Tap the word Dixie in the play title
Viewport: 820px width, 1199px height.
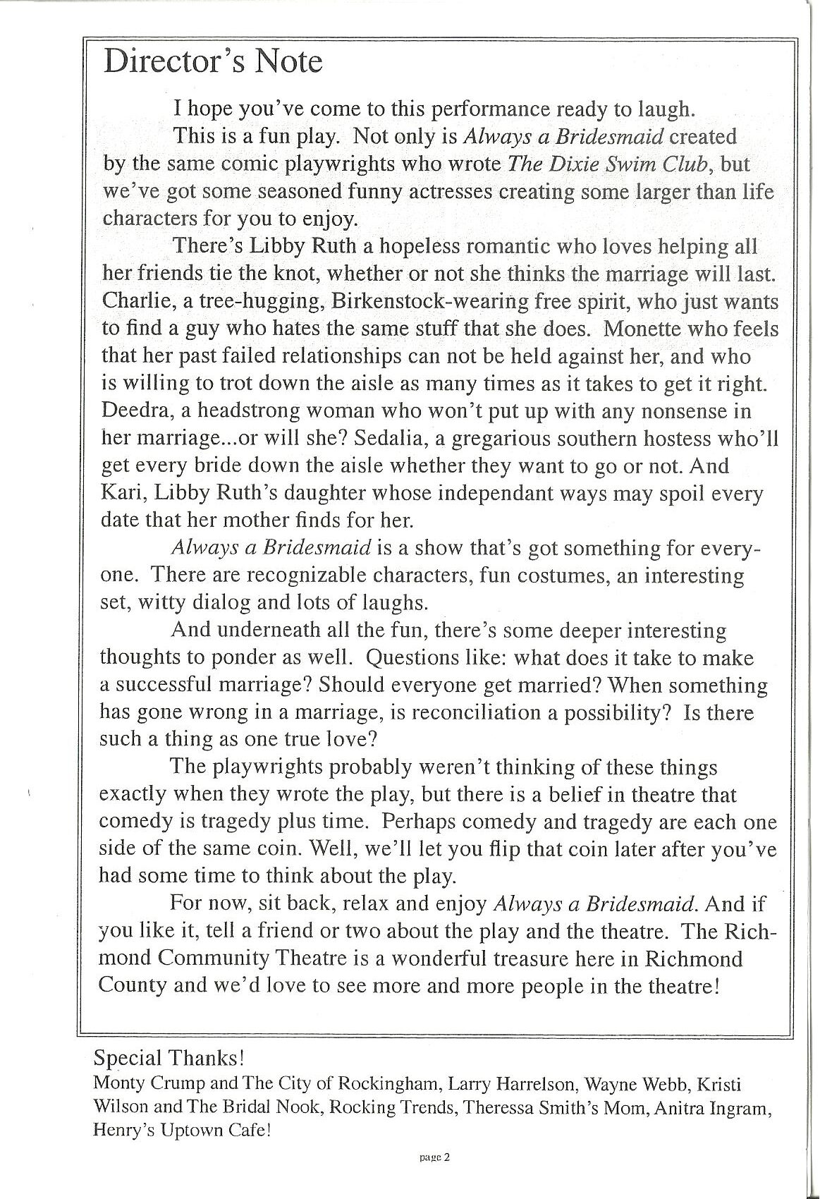click(565, 164)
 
